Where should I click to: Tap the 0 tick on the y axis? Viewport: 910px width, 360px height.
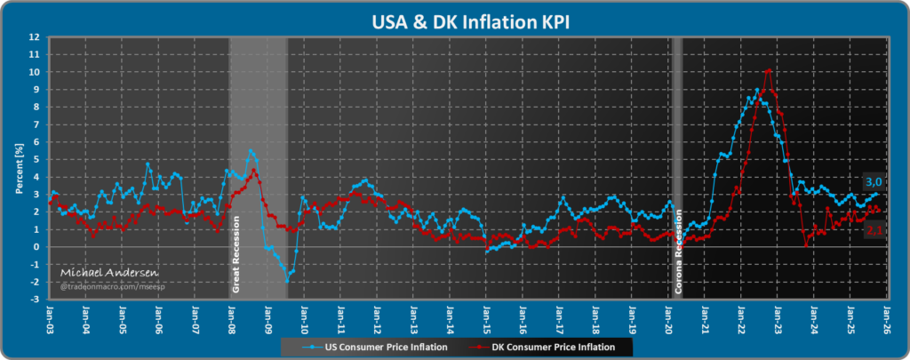tap(35, 247)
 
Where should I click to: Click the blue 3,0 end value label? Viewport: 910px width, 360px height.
tap(874, 182)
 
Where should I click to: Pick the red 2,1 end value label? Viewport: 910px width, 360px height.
tap(874, 229)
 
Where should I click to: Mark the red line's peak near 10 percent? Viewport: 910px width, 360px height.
tap(768, 69)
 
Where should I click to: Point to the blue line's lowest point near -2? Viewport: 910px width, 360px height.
tap(287, 280)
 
